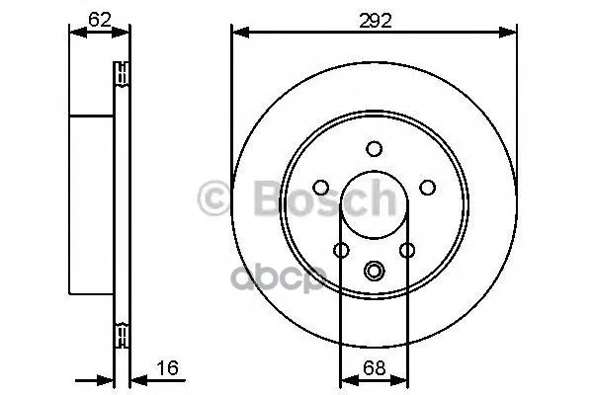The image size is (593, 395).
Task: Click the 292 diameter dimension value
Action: (375, 21)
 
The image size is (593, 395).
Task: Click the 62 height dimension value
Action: (99, 20)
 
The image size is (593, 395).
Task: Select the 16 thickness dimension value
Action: (167, 367)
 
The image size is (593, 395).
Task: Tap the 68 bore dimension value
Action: (374, 367)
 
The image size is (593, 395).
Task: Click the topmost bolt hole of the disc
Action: (374, 148)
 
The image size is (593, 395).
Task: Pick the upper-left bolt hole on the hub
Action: (321, 187)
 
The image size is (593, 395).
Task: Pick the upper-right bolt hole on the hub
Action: (427, 187)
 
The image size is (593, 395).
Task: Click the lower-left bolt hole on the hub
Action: (342, 250)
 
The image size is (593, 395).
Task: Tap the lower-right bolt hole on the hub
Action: (407, 250)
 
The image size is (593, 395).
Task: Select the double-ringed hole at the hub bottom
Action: (374, 271)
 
